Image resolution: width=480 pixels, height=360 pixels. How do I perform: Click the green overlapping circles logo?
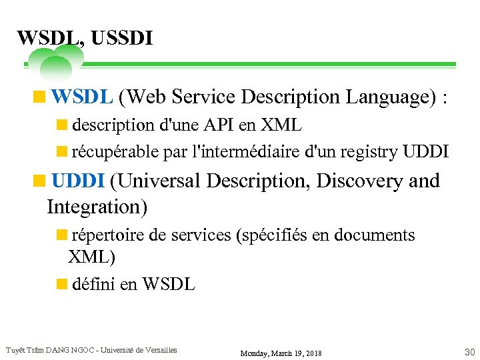[55, 61]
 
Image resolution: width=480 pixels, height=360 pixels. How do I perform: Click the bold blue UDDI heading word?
[79, 181]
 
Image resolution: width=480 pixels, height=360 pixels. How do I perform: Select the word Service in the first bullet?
[203, 97]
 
